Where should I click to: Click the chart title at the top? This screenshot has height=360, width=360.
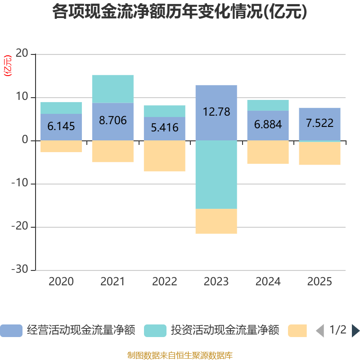point(180,12)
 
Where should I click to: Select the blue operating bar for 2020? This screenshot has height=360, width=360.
point(61,127)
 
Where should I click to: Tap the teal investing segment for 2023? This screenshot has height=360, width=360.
point(216,175)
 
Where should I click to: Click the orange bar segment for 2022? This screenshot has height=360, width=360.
point(165,156)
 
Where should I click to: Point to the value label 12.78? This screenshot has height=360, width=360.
point(216,112)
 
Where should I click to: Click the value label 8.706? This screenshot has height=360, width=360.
point(113,120)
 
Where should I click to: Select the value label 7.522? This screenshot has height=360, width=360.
point(320,123)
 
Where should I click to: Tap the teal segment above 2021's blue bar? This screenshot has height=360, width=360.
point(113,89)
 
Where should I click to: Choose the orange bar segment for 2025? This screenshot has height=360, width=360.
point(320,153)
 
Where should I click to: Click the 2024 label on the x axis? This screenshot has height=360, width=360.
point(268,282)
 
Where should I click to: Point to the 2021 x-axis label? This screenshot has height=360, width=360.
point(113,282)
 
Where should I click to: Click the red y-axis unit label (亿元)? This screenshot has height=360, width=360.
point(8,66)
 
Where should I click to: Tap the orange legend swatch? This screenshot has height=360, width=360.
point(297,331)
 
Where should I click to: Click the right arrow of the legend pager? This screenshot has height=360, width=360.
point(355,331)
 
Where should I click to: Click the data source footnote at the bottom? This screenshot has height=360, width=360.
point(180,355)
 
